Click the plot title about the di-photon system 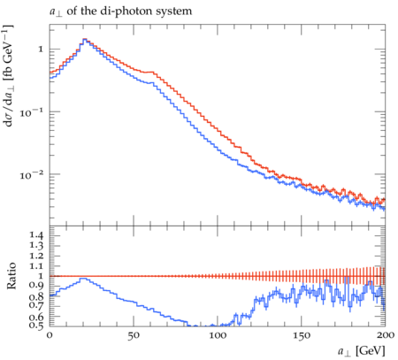120,11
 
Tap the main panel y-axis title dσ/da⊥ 9,75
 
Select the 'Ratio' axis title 11,275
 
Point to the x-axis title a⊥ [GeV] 362,351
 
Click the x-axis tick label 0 50,335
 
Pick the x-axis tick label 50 134,335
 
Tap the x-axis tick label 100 218,335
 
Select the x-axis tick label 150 302,335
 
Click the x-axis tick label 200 386,335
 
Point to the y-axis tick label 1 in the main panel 41,50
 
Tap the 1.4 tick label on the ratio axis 36,235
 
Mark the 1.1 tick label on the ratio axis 36,266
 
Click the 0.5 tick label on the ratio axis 36,326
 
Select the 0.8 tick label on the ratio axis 36,296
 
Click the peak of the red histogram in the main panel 85,39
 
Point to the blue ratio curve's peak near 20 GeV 83,279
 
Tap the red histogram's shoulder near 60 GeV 149,72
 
